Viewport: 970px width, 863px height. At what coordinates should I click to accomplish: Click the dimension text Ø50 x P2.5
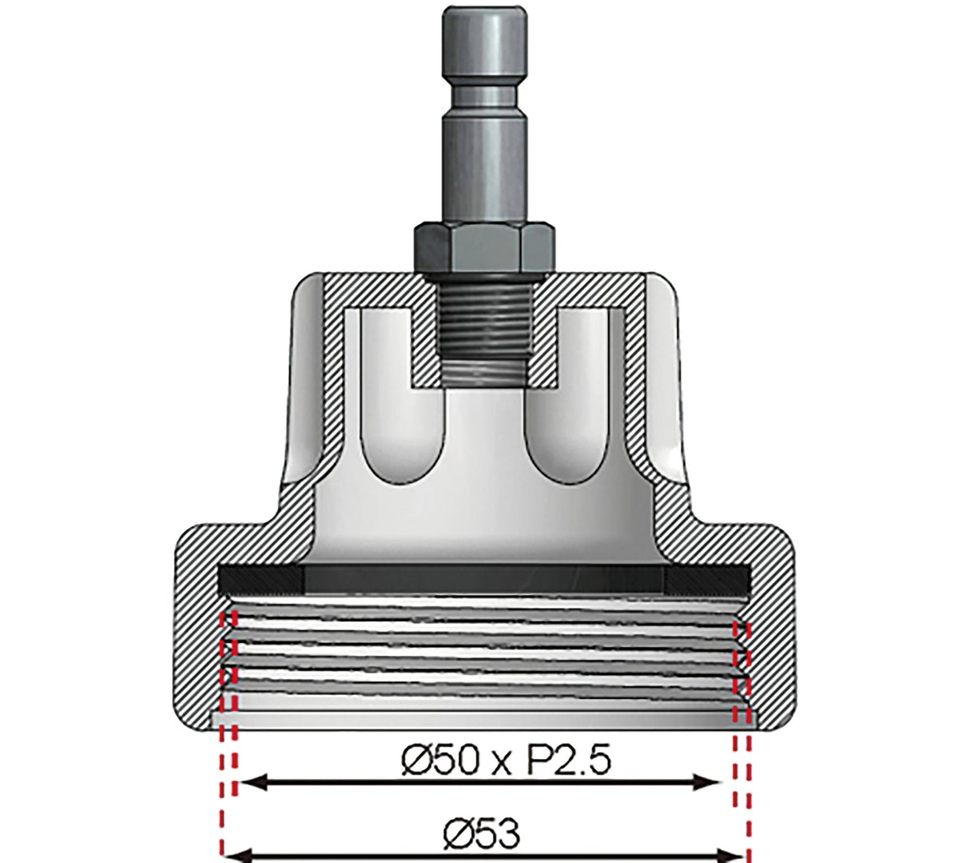[505, 761]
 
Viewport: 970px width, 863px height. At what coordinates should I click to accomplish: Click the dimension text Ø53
[481, 834]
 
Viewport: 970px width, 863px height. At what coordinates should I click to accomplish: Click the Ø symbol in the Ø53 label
[458, 834]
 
